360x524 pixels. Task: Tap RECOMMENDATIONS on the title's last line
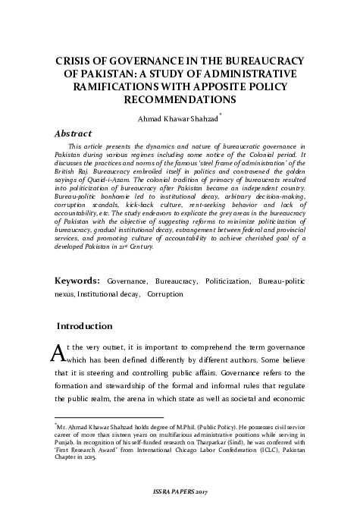tap(180, 99)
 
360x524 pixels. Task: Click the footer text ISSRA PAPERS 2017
tap(180, 504)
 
